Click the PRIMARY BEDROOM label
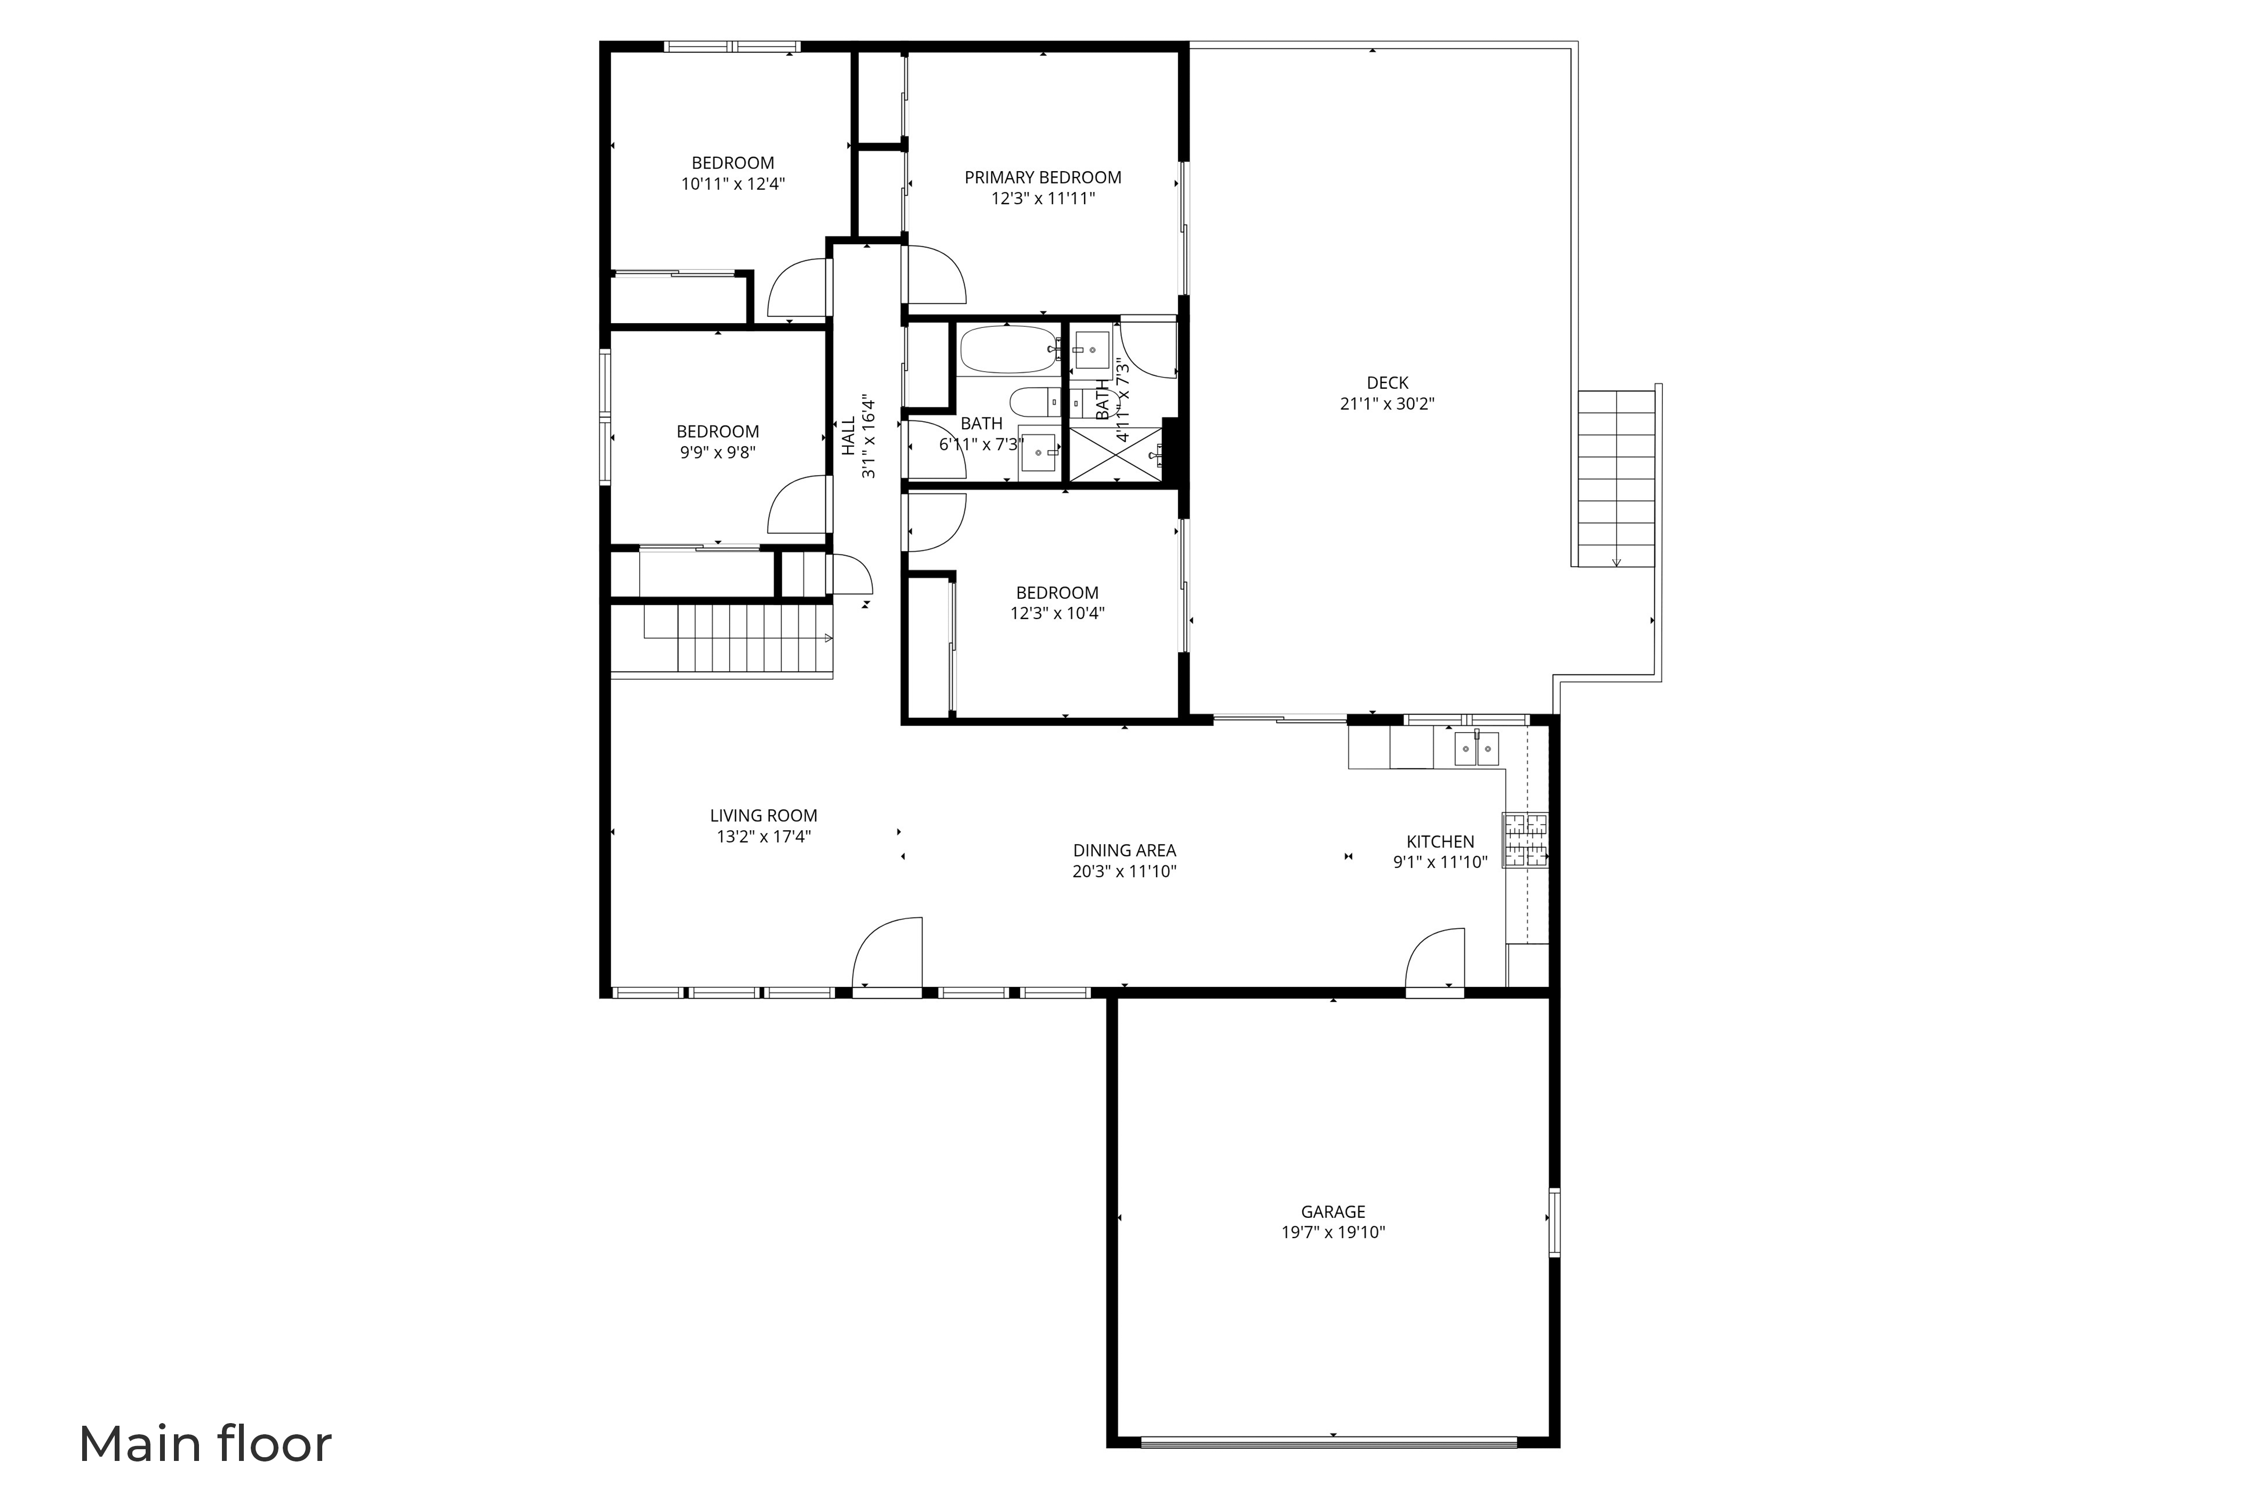[x=1042, y=177]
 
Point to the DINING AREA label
[x=1124, y=850]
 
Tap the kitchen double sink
[x=1476, y=748]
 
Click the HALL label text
[x=848, y=436]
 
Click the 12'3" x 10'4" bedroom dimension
[x=1057, y=613]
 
